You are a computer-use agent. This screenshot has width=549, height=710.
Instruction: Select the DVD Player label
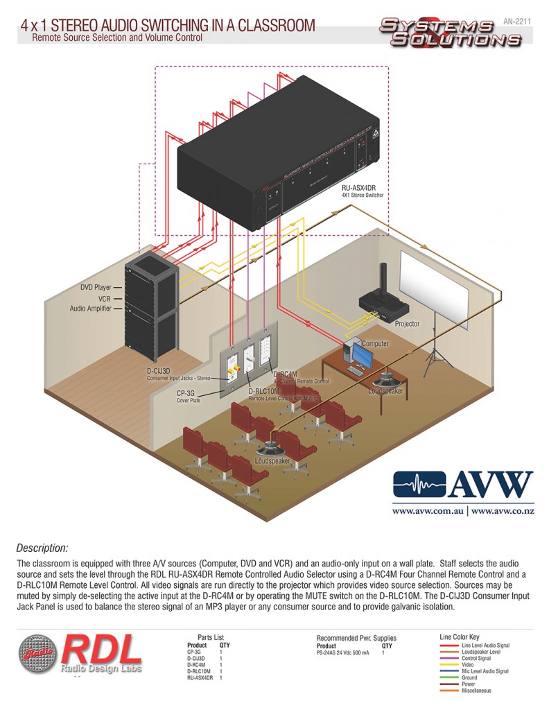[x=95, y=286]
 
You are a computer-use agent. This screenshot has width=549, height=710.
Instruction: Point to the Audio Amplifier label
[x=91, y=309]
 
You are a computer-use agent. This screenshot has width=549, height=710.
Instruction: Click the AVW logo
[x=462, y=485]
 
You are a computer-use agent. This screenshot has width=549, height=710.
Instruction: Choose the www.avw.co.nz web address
[x=502, y=512]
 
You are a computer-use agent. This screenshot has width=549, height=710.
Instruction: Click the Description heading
[x=42, y=548]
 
